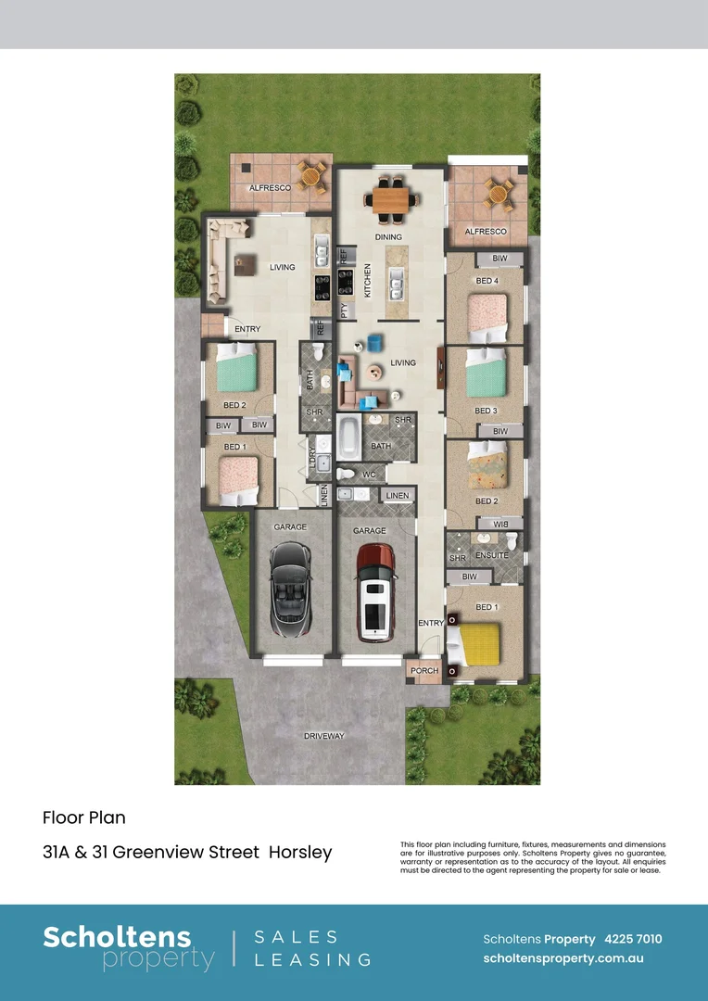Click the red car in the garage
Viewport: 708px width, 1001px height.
tap(375, 590)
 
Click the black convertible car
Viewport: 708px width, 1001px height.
tap(290, 590)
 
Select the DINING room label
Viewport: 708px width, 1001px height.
tap(388, 237)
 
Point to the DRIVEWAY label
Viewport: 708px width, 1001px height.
tap(324, 736)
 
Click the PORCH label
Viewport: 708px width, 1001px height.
tap(424, 670)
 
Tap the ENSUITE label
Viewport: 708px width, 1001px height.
tap(492, 555)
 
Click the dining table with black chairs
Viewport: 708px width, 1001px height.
tap(389, 199)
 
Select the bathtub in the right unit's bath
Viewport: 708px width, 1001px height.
tap(349, 437)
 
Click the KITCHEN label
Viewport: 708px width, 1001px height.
tap(368, 279)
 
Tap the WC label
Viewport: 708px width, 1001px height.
tap(368, 474)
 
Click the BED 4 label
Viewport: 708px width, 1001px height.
tap(487, 281)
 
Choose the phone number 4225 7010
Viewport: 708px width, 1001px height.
tap(633, 939)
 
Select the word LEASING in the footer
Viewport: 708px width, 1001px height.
tap(313, 960)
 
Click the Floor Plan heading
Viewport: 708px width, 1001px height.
tap(83, 817)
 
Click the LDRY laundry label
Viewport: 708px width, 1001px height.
tap(312, 457)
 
